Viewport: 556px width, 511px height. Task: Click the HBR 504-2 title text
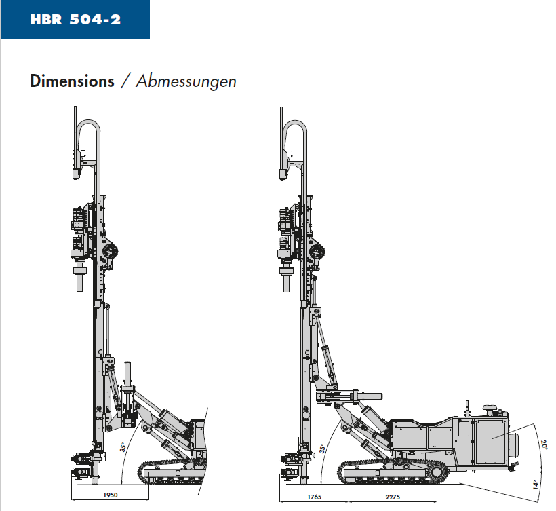click(x=75, y=19)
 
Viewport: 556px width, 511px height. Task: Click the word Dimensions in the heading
click(x=72, y=81)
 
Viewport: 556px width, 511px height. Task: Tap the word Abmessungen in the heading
click(x=186, y=81)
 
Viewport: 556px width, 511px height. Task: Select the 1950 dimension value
click(x=111, y=495)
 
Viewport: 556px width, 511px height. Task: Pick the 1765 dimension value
click(x=314, y=497)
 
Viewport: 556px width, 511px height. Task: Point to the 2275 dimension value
click(x=393, y=497)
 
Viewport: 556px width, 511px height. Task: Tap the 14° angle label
click(x=536, y=485)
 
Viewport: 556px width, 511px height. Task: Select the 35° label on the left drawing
click(x=123, y=447)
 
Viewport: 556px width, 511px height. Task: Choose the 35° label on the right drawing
click(x=322, y=449)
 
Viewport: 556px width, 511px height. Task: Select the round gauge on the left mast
click(x=110, y=252)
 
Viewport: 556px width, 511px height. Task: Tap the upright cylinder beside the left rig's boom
click(x=127, y=375)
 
